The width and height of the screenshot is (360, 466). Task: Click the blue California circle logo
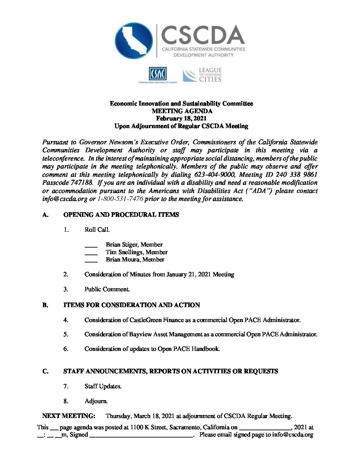[134, 41]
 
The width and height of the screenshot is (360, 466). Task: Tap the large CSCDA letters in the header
[203, 35]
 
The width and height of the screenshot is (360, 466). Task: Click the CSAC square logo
[157, 74]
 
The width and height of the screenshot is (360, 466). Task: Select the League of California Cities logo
[202, 75]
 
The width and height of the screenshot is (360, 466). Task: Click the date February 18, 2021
[181, 118]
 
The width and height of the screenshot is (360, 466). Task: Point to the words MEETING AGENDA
[182, 111]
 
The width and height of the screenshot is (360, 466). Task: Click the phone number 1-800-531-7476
[120, 199]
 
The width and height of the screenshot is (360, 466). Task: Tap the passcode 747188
[79, 183]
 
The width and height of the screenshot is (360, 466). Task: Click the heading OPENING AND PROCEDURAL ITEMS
[121, 215]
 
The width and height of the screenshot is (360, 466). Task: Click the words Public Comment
[107, 289]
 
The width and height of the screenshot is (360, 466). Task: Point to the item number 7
[66, 386]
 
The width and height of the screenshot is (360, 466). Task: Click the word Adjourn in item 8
[96, 401]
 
